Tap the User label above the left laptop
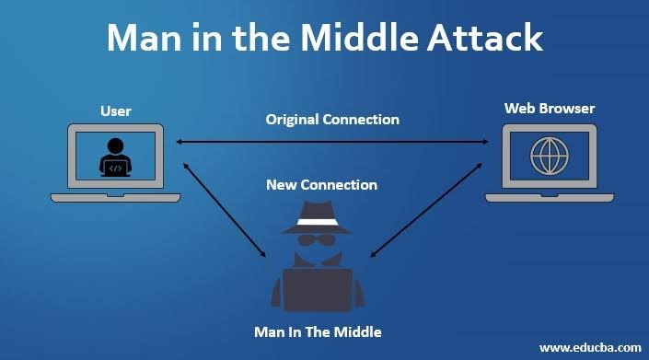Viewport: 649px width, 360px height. point(115,111)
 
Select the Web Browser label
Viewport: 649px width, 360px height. point(549,109)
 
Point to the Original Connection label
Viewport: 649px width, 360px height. point(332,120)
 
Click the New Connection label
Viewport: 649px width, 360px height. point(321,184)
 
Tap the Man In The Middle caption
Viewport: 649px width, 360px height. point(317,331)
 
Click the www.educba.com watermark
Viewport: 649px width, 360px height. point(589,347)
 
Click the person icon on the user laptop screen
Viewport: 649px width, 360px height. point(115,157)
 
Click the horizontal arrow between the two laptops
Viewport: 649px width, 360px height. point(332,142)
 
